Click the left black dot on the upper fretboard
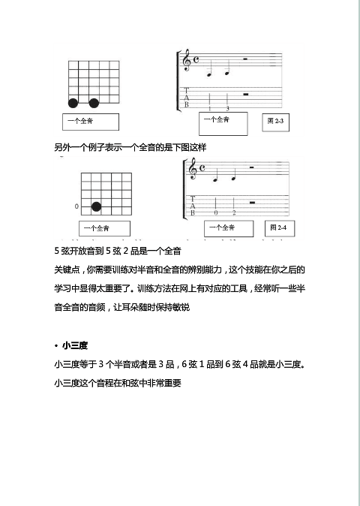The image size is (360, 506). [x=73, y=103]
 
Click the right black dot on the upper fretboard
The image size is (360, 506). [x=94, y=103]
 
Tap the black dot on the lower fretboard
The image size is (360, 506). [x=96, y=206]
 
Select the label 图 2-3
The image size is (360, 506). [x=274, y=121]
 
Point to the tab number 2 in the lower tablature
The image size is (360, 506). [x=234, y=213]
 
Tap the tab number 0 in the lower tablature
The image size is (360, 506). [x=216, y=213]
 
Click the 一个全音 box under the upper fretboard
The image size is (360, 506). [x=90, y=122]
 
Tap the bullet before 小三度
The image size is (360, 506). [x=56, y=346]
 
